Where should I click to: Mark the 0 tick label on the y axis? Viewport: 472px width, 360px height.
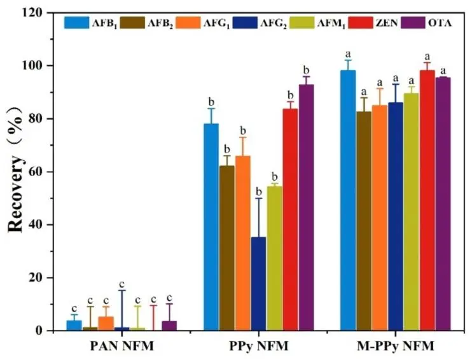[50, 331]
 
